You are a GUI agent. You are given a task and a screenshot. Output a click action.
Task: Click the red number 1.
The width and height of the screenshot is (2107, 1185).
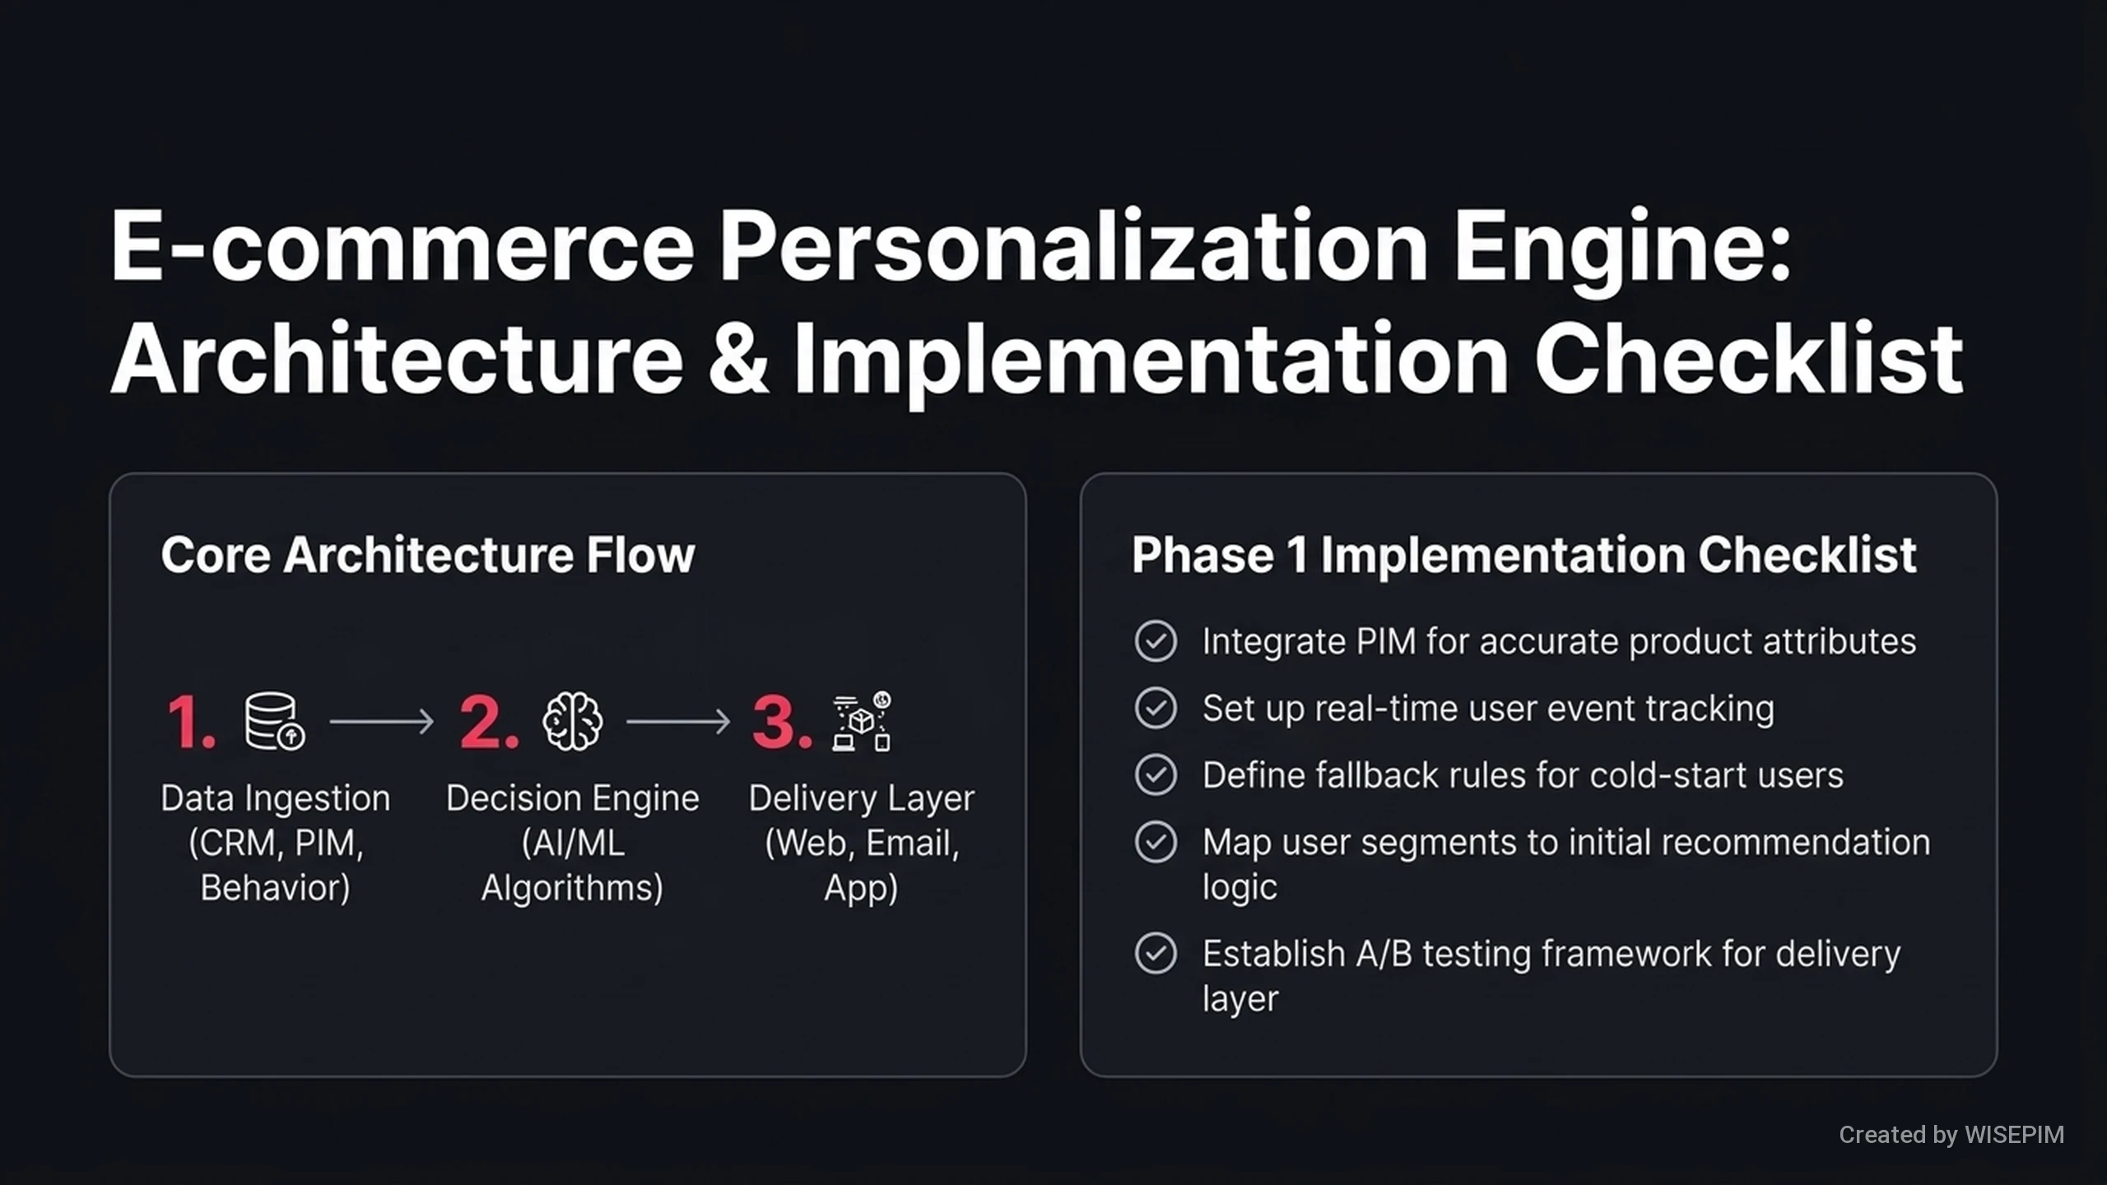tap(191, 722)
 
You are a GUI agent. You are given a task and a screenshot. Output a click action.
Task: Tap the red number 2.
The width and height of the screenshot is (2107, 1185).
tap(489, 722)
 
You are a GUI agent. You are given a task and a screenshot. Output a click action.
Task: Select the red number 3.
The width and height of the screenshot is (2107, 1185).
tap(782, 722)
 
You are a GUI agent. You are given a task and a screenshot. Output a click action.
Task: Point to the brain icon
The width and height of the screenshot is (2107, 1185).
tap(572, 721)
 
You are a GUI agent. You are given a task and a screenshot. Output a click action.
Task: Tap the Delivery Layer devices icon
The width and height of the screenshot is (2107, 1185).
tap(862, 721)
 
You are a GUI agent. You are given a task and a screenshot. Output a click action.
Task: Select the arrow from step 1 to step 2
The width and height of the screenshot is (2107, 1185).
tap(381, 722)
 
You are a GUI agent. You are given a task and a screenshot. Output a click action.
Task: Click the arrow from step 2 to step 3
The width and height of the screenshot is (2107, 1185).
tap(678, 722)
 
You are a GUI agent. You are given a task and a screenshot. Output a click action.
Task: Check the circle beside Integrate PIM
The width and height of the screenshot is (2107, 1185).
tap(1156, 641)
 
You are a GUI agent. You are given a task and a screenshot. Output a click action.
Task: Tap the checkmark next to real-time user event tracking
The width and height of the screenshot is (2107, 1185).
tap(1156, 708)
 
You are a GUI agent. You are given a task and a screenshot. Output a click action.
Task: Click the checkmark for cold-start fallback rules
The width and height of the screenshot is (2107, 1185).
tap(1156, 774)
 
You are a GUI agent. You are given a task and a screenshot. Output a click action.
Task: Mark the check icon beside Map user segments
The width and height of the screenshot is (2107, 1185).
tap(1156, 842)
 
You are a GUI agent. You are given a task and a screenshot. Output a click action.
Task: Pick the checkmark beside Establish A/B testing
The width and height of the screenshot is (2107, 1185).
tap(1156, 953)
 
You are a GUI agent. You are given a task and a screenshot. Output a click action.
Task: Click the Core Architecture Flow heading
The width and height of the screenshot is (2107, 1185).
tap(428, 555)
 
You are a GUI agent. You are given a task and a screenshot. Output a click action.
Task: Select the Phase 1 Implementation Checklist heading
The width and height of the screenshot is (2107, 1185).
tap(1524, 555)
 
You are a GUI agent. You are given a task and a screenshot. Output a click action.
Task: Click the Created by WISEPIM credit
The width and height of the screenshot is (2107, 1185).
tap(1951, 1135)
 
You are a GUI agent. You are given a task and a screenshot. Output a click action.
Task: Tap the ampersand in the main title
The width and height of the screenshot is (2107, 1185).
tap(738, 359)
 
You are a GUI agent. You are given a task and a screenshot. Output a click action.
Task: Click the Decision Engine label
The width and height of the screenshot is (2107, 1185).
tap(573, 798)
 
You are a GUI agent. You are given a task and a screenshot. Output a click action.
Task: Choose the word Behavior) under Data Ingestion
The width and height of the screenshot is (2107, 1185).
tap(276, 888)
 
